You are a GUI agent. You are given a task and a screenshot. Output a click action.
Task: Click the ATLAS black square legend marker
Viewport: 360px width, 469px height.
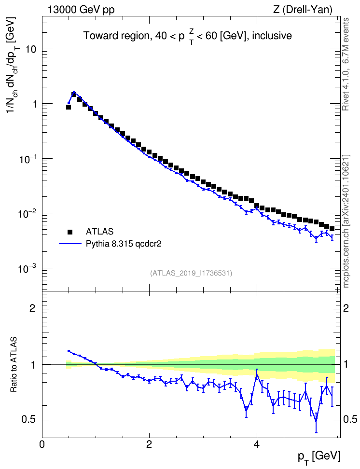coord(70,232)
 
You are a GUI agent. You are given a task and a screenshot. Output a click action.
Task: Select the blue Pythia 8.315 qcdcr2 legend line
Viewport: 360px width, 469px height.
coord(70,244)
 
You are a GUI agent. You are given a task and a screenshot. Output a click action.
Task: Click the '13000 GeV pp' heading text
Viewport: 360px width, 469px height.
coord(81,10)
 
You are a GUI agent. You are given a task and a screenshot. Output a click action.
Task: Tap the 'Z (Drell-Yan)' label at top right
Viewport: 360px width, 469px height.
coord(303,10)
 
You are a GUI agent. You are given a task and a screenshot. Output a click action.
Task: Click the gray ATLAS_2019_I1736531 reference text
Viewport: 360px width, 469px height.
coord(191,273)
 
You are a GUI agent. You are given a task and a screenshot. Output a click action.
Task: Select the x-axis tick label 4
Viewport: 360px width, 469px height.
coord(256,444)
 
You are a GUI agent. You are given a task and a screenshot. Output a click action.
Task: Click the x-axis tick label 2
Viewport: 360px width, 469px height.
coord(149,444)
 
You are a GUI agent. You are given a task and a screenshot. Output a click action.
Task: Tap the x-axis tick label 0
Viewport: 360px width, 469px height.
coord(42,444)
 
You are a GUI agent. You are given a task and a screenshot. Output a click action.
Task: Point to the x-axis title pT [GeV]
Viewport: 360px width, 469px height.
coord(319,457)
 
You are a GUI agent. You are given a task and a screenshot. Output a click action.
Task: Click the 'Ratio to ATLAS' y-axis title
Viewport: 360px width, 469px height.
coord(14,364)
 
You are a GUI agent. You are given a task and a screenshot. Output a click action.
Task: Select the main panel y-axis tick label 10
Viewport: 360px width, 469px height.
coord(30,49)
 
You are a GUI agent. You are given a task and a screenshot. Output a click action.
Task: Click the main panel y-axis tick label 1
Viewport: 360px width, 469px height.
coord(34,104)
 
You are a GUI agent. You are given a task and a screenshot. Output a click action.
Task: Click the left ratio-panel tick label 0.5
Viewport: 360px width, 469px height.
coord(28,420)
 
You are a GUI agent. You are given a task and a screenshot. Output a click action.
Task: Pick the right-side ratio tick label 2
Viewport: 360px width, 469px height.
coord(346,308)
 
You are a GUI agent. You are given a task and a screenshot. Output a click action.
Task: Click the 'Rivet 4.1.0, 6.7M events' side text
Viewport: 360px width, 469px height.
coord(346,64)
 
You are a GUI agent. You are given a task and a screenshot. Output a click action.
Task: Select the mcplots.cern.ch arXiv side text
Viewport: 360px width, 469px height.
coord(346,221)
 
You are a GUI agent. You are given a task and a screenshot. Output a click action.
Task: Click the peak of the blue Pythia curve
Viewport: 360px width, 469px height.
coord(74,92)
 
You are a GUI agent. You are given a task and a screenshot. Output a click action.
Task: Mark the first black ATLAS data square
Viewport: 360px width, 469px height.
coord(69,107)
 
